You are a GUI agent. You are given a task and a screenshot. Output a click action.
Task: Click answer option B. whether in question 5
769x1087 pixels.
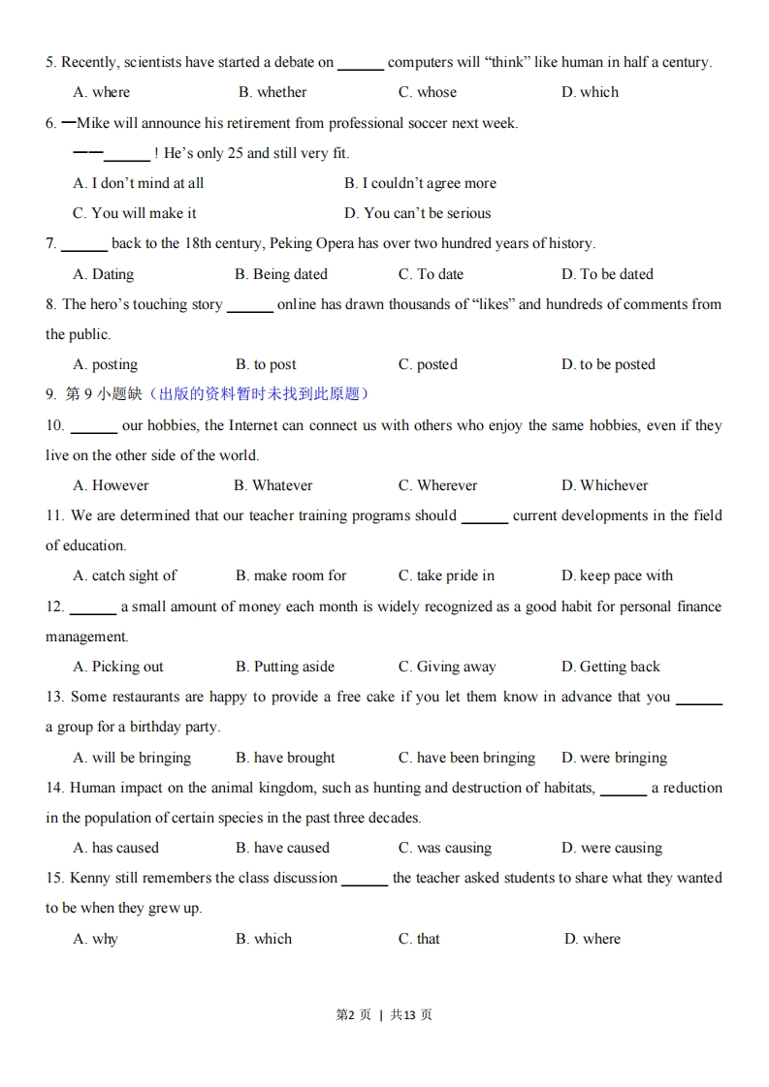[272, 92]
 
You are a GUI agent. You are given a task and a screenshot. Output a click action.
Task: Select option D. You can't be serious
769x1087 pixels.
[417, 213]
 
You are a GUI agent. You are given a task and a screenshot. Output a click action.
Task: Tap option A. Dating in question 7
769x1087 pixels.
[104, 274]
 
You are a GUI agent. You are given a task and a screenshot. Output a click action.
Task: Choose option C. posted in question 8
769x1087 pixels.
[427, 364]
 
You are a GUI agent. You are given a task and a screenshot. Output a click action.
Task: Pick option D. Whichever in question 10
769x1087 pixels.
[604, 485]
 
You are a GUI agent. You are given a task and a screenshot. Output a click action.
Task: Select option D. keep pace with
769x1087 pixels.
[617, 575]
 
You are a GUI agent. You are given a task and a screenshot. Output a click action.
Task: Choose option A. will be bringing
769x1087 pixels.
[132, 758]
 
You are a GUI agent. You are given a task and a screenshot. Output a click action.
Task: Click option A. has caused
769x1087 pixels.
[116, 848]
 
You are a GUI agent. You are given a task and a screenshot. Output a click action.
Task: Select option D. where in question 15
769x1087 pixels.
[592, 939]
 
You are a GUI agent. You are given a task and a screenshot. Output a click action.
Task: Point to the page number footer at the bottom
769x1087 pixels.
[384, 1014]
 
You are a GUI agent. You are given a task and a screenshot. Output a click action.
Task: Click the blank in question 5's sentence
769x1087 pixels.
[361, 63]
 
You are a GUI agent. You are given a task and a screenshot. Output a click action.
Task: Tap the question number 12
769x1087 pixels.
[54, 606]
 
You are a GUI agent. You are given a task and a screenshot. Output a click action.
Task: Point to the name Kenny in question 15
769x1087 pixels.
[89, 878]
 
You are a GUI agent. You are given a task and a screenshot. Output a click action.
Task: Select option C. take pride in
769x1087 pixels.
[446, 575]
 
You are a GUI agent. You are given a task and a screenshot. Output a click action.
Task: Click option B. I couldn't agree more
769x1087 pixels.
[420, 183]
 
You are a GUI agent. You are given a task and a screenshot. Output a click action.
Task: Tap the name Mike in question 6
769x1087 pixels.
[94, 123]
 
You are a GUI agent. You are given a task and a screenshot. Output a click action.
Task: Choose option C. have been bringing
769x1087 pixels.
[466, 758]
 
